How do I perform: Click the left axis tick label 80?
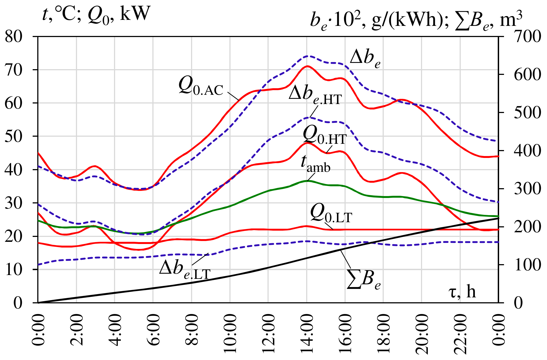tap(13, 36)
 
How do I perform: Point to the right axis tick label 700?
tap(527, 36)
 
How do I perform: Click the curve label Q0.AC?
tap(201, 86)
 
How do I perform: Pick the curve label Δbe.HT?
tap(315, 95)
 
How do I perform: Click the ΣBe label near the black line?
tap(364, 280)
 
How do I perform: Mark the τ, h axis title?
tap(462, 291)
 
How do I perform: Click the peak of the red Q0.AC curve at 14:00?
tap(307, 66)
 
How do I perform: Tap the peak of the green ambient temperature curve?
tap(307, 181)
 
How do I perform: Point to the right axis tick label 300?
tap(527, 189)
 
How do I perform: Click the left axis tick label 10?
tap(13, 270)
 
